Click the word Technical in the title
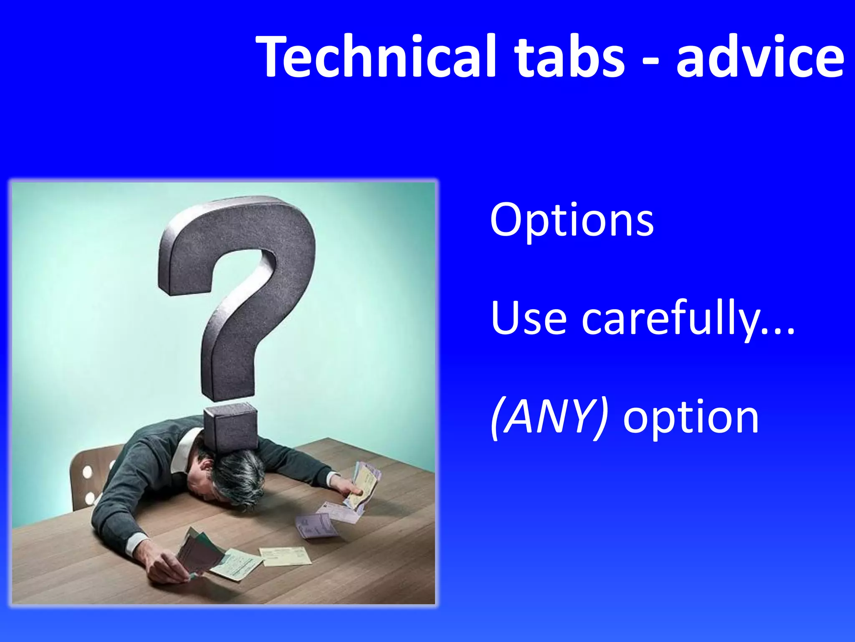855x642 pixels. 376,56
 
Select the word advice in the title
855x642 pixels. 760,56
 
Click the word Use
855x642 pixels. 529,318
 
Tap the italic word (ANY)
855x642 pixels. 549,418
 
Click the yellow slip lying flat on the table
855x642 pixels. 286,556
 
